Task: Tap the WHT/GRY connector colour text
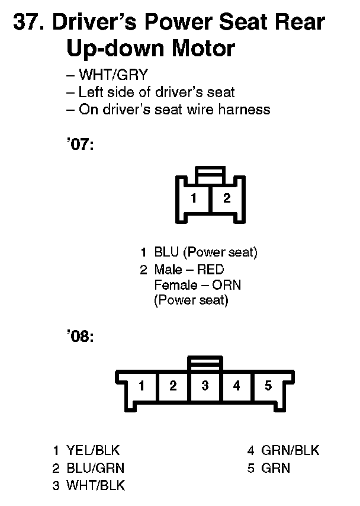coord(112,75)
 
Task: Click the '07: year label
coord(81,145)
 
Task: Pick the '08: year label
coord(81,337)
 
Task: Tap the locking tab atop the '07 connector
coord(210,174)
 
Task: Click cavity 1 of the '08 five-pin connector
coord(142,386)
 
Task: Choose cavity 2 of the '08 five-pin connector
coord(173,386)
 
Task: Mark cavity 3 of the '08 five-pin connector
coord(205,386)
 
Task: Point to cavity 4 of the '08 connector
coord(237,386)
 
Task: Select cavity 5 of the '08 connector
coord(268,386)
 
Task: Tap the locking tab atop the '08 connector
coord(205,363)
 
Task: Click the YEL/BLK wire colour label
coord(93,450)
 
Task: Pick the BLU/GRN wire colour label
coord(95,468)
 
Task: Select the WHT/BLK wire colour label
coord(95,486)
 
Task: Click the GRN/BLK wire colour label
coord(290,450)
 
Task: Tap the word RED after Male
coord(210,270)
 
